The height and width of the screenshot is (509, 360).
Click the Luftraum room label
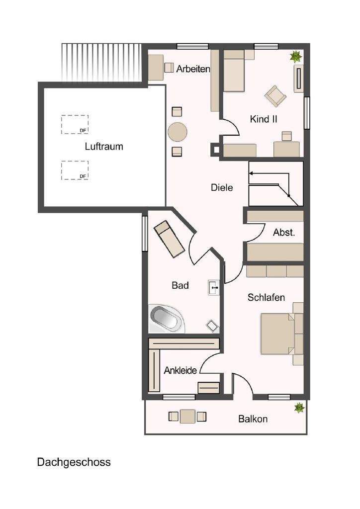coord(104,147)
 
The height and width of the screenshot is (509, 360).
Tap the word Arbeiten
coord(193,69)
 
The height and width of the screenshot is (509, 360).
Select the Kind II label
coord(264,119)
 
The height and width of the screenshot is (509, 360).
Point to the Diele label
coord(222,188)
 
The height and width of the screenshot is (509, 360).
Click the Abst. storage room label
coord(284,233)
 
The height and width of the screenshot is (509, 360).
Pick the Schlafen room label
coord(266,298)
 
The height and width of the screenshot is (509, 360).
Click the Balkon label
coord(253,419)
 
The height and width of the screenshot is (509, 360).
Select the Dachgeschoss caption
coord(74,462)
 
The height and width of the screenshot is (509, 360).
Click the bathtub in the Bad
coord(166,319)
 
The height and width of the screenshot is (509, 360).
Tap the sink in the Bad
coord(214,287)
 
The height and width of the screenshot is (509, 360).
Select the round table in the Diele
coord(178,132)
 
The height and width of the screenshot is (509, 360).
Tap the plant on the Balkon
coord(299,408)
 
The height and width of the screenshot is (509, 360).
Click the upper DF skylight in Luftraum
coord(75,124)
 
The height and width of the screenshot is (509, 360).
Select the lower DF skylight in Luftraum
coord(75,170)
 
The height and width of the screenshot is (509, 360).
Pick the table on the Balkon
coord(188,416)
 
